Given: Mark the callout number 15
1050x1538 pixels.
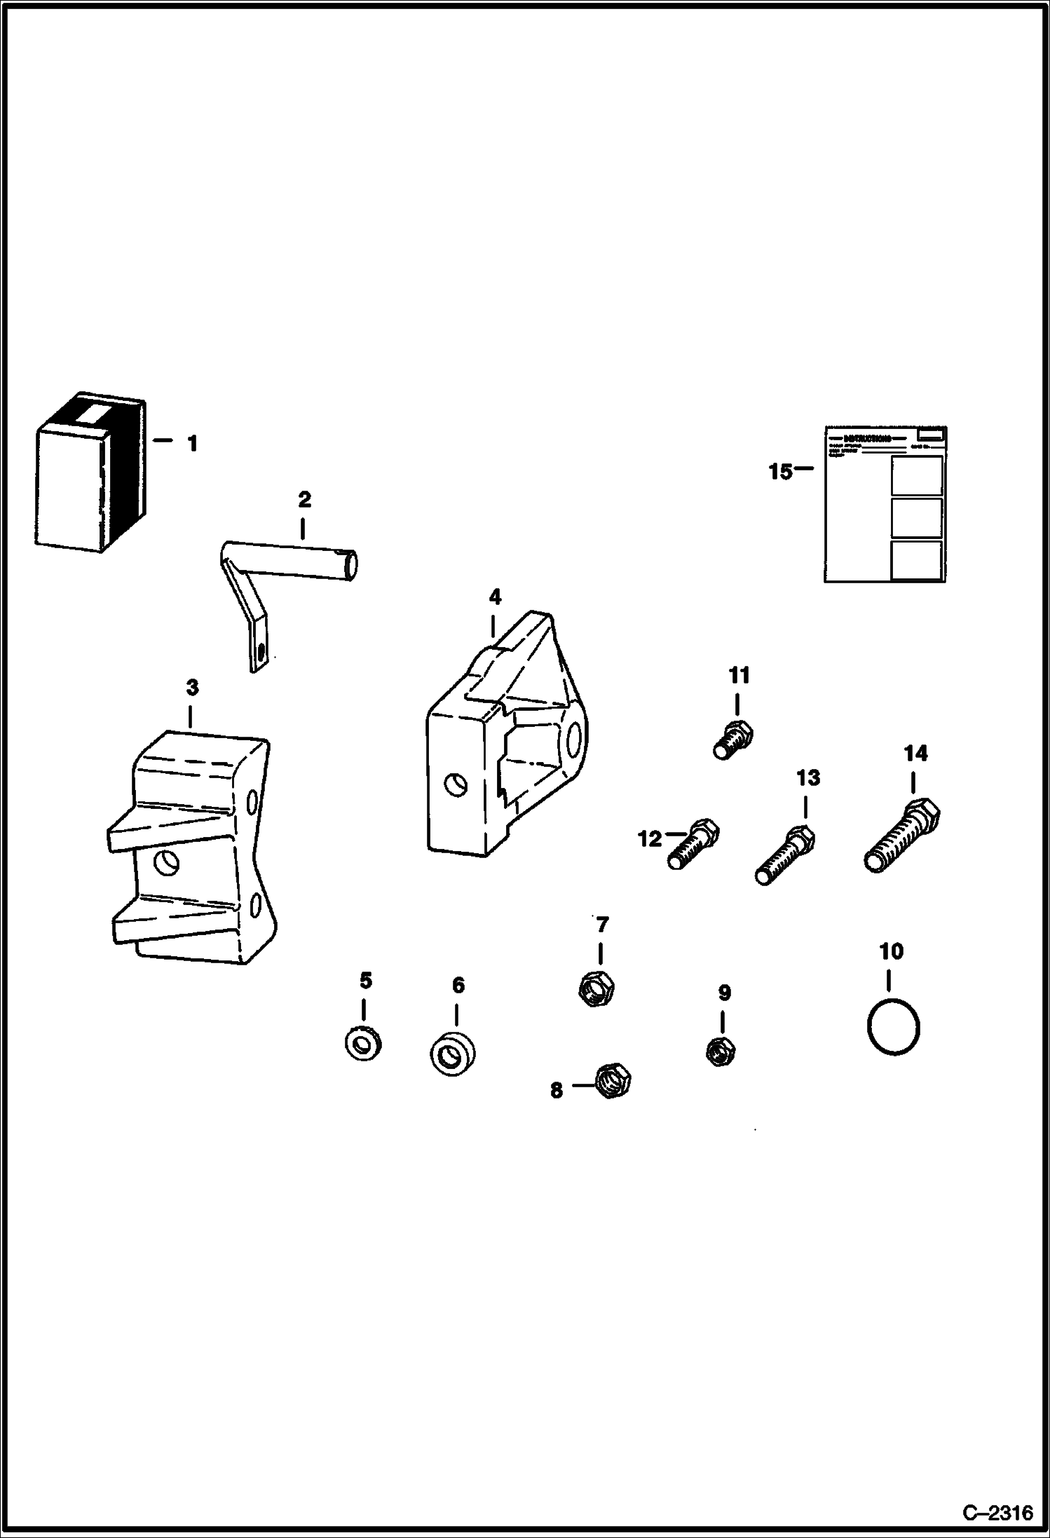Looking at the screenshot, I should (779, 472).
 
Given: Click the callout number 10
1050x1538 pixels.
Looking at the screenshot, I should (891, 951).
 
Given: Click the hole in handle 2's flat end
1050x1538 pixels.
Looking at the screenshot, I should (261, 652).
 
